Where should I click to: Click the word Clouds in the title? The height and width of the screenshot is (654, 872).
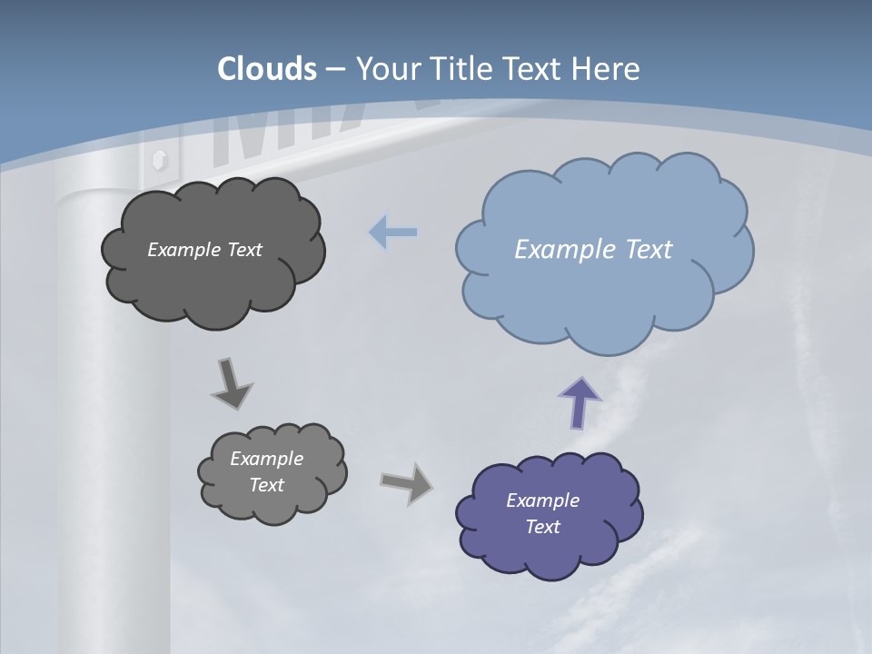(267, 69)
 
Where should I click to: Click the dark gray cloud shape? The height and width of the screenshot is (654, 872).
(213, 291)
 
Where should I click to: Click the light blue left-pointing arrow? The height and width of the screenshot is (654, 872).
(392, 233)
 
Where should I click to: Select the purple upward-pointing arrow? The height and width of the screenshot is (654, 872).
(580, 402)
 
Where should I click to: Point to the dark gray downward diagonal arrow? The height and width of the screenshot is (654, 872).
(232, 383)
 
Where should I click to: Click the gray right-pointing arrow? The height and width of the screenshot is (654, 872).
(407, 482)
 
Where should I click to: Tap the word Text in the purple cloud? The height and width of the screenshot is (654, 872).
(542, 527)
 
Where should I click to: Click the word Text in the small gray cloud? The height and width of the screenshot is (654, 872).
(266, 485)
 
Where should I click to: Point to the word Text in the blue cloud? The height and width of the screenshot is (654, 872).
(649, 249)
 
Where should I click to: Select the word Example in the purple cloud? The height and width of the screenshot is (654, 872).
(542, 500)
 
